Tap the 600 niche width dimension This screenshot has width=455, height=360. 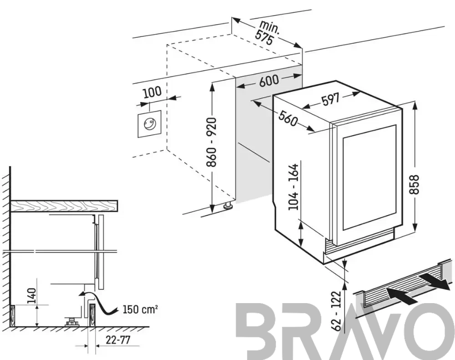point(269,81)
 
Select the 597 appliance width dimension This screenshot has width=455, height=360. point(330,99)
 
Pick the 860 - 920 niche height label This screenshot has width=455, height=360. point(212,142)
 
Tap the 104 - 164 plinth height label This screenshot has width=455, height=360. point(293,187)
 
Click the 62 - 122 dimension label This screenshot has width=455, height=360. point(337,311)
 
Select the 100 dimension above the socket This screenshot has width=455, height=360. point(152,92)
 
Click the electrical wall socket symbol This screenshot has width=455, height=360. point(149,124)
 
